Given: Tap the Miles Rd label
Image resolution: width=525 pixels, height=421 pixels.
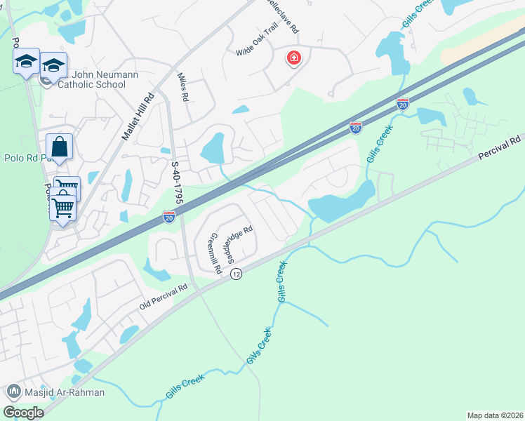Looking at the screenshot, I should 184,88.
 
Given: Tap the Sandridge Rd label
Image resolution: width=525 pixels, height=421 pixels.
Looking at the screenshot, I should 237,241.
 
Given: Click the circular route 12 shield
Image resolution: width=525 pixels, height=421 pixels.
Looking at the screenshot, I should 237,274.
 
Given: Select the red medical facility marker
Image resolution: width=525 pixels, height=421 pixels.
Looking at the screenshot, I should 293,58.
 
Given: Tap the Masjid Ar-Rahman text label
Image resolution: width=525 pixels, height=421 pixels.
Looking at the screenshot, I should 62,393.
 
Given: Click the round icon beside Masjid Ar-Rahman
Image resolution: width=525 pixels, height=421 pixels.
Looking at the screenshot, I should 12,392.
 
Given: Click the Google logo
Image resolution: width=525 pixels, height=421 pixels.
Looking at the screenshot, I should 23,412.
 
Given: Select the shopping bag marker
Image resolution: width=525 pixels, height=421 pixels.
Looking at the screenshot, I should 59,147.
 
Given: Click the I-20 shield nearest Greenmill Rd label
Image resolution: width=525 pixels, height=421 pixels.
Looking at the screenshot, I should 169,218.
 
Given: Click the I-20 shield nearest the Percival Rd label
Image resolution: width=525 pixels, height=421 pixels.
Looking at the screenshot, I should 403,104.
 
